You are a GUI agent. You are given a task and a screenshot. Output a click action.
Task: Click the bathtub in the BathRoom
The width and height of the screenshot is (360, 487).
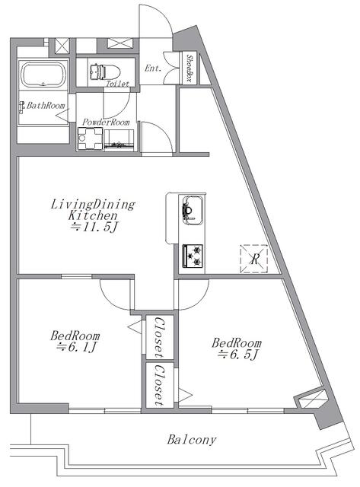(43, 75)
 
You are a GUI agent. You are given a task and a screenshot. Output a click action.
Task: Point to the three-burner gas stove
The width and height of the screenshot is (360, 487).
(193, 256)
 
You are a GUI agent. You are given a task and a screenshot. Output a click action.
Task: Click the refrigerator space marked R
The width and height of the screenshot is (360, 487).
(254, 259)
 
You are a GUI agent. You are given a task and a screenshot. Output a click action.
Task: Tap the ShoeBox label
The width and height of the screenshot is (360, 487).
(189, 68)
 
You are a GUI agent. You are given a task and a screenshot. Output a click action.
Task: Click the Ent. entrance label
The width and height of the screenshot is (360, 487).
(153, 68)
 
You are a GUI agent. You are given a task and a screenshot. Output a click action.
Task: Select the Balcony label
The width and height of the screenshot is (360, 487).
(191, 440)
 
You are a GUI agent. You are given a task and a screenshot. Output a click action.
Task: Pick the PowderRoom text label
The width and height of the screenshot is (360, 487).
(106, 122)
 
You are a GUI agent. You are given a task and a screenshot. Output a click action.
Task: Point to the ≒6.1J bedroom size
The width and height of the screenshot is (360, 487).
(77, 347)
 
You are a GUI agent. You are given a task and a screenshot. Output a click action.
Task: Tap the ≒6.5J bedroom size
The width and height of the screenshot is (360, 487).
(238, 355)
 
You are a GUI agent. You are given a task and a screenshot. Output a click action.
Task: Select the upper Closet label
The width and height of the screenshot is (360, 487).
(159, 337)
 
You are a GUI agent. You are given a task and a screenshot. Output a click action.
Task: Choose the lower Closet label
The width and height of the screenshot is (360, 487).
(159, 386)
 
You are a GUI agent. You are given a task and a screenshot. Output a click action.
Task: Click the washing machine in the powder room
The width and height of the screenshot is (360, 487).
(90, 138)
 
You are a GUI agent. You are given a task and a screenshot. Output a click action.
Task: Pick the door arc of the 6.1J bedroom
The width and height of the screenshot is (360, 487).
(108, 301)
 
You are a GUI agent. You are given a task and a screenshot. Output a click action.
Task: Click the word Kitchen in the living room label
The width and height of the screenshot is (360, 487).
(93, 215)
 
